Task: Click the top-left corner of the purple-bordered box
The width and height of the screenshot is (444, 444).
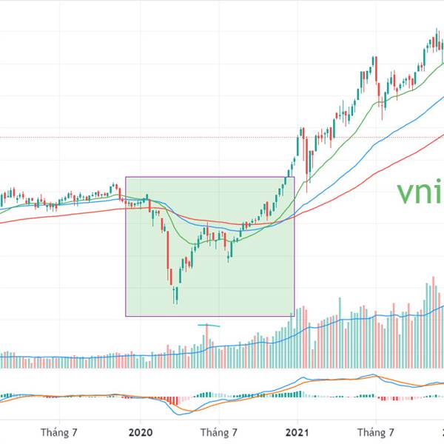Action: (126, 177)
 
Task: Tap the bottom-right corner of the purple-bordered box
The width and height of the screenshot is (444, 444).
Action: (295, 317)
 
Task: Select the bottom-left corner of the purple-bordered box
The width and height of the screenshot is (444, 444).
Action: (126, 317)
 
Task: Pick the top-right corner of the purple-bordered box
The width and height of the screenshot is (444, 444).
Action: (295, 177)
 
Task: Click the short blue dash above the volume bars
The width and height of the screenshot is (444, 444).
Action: (209, 325)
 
